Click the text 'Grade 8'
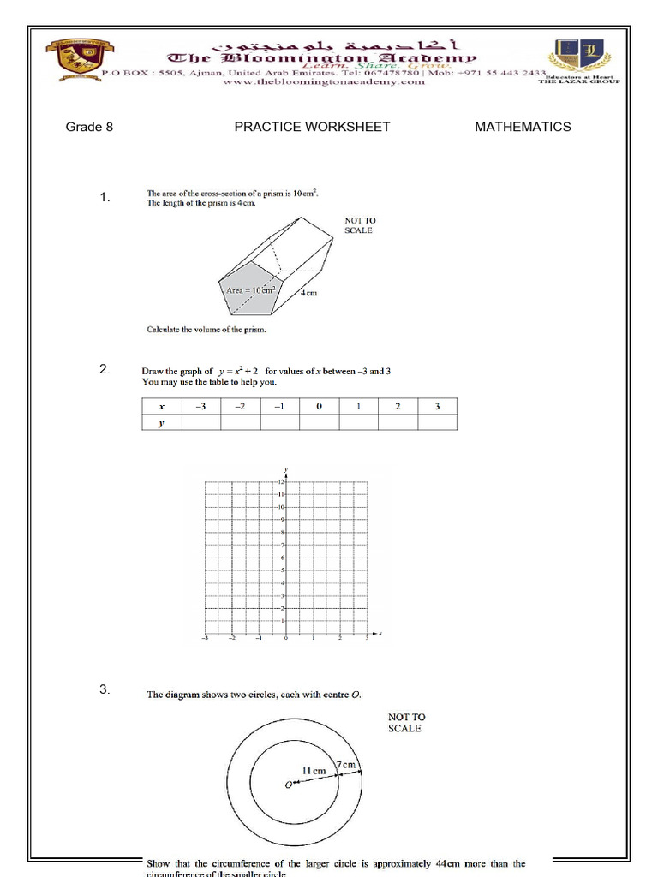[89, 127]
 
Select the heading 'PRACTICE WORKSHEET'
[312, 127]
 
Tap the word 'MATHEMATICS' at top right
[523, 127]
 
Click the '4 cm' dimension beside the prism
[309, 293]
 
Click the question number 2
[104, 370]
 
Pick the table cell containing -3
[201, 407]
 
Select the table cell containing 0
[319, 407]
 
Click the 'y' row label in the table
[161, 422]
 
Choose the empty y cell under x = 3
[437, 422]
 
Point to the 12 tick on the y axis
[280, 482]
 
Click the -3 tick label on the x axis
[205, 638]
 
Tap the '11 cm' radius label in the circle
[314, 771]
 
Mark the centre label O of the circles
[288, 784]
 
